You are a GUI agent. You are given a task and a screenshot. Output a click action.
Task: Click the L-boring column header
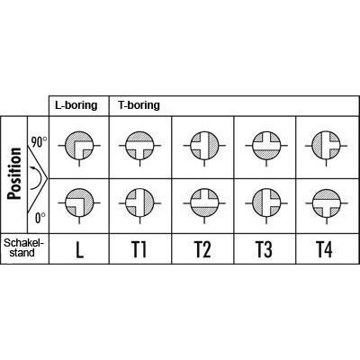76,105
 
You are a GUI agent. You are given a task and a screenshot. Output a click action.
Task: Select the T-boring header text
139,105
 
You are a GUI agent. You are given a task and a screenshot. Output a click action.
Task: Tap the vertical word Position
15,174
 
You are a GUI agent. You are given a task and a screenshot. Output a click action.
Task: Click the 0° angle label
40,218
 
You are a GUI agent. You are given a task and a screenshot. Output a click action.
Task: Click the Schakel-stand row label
23,247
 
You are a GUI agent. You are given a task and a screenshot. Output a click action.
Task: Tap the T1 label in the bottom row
139,249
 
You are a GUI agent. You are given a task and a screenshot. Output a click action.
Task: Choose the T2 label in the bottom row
202,249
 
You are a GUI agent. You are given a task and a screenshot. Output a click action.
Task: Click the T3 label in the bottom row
265,249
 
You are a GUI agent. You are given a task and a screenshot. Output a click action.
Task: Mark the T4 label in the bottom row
324,249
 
